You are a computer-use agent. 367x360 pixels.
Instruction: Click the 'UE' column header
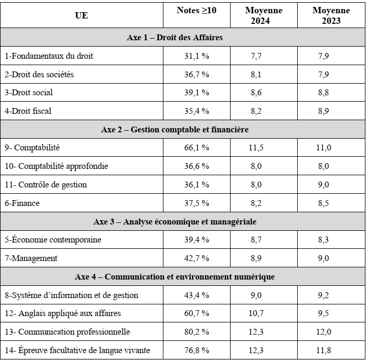pos(81,15)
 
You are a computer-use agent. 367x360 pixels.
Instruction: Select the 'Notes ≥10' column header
pos(196,10)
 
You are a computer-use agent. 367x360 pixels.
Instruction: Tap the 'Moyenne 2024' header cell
pos(264,15)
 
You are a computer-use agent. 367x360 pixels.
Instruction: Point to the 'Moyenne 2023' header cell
pos(331,15)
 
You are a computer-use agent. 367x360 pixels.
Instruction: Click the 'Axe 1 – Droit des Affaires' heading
pos(175,38)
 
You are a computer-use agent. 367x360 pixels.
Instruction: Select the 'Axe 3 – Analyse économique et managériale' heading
pos(175,221)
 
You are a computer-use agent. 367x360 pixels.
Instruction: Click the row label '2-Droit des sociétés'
pos(39,74)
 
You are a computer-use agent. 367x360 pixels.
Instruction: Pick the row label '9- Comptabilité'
pos(32,148)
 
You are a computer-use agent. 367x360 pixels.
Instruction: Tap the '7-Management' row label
pos(31,258)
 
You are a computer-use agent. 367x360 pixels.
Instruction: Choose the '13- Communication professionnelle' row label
pos(67,331)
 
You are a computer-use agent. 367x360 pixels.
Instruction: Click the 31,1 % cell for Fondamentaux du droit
pos(196,56)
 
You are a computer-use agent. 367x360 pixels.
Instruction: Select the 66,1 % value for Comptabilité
pos(196,148)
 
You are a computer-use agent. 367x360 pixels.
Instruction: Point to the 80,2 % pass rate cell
pos(196,331)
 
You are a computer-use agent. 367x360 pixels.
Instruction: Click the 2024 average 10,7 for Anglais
pos(256,313)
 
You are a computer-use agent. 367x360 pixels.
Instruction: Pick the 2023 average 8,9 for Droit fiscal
pos(324,111)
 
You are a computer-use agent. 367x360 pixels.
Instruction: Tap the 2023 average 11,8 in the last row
pos(324,350)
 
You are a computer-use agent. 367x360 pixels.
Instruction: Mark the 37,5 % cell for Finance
pos(196,203)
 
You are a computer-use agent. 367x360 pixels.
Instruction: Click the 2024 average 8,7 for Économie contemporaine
pos(256,240)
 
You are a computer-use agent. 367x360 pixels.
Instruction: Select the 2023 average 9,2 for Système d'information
pos(324,295)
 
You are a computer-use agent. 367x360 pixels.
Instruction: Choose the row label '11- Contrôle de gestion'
pos(45,185)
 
